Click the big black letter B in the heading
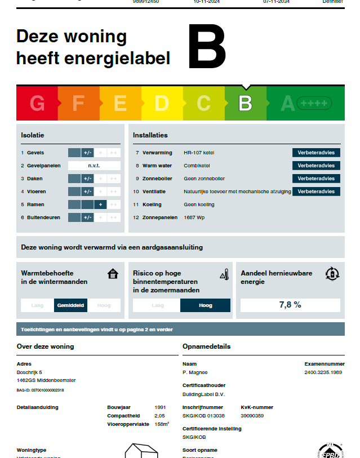click(x=207, y=48)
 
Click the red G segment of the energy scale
click(x=37, y=104)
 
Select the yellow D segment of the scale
click(x=162, y=104)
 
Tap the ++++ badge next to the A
click(x=314, y=104)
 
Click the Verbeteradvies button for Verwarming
click(x=316, y=153)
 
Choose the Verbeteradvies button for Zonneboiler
click(x=316, y=179)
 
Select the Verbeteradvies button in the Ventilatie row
click(x=316, y=192)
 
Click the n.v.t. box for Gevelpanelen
click(x=94, y=166)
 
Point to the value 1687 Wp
click(x=194, y=217)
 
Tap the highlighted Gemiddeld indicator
click(x=70, y=305)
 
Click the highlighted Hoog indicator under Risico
click(x=206, y=305)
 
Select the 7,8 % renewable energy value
click(x=290, y=305)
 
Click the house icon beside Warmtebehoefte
click(x=113, y=274)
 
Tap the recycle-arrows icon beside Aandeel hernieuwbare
click(x=332, y=274)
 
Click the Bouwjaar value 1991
click(x=160, y=407)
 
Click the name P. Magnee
click(x=195, y=372)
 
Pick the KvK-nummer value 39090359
click(x=252, y=416)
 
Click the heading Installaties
click(x=150, y=135)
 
